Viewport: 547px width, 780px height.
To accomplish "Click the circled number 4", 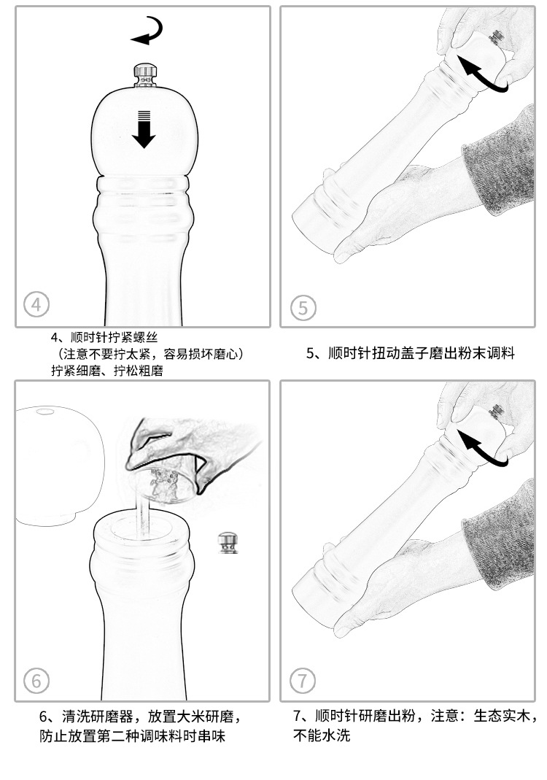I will pos(36,303).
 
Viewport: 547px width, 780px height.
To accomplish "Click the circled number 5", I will pos(303,307).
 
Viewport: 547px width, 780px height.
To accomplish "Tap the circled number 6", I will pos(36,681).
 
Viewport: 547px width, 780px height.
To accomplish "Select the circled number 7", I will pos(303,681).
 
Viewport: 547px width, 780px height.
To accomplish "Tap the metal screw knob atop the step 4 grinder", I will pos(144,74).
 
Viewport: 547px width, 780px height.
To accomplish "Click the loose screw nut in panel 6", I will pos(228,543).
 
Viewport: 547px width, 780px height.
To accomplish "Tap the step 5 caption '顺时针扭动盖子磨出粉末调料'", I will pos(411,354).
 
